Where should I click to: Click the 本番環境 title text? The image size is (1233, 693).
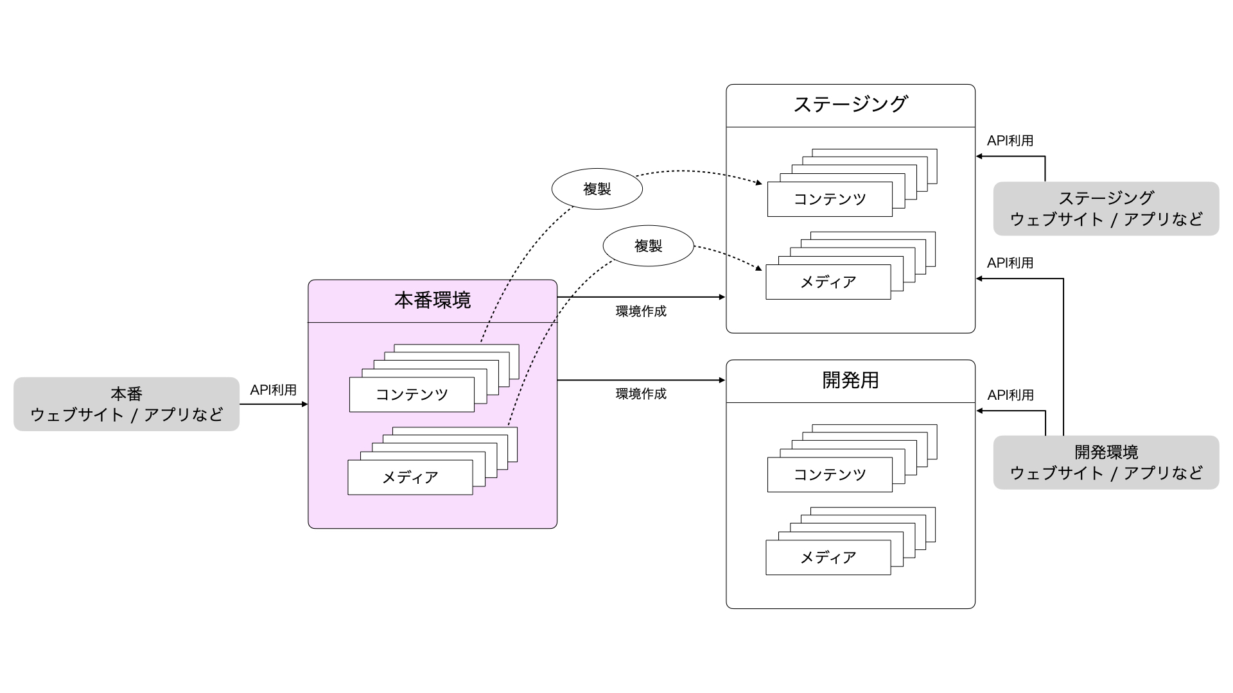point(432,300)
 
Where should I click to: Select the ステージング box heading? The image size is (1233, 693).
point(850,105)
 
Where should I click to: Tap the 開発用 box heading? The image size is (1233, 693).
point(850,381)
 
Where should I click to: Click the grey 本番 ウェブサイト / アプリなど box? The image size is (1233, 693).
point(127,404)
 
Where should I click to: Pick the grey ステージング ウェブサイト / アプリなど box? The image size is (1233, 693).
point(1106,209)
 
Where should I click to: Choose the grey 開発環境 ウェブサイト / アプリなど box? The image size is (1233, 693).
point(1106,463)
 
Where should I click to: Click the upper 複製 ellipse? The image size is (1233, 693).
point(597,189)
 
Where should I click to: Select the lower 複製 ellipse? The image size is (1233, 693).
point(649,246)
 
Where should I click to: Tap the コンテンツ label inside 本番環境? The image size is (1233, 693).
point(412,395)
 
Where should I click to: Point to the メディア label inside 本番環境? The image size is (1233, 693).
point(410,477)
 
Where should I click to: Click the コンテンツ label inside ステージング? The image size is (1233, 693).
point(830,199)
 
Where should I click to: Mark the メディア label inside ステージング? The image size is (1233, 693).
point(828,282)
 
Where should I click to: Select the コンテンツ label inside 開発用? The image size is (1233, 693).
point(830,475)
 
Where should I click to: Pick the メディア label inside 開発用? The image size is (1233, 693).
point(828,558)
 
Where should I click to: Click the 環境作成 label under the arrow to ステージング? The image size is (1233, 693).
point(641,312)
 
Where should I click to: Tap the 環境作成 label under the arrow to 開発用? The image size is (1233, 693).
point(641,394)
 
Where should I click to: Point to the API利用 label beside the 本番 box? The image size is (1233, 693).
point(274,390)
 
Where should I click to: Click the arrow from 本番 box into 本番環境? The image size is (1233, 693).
point(274,404)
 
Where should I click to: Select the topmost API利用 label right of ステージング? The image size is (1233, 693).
point(1010,141)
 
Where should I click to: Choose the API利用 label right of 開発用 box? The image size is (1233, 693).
point(1010,395)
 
